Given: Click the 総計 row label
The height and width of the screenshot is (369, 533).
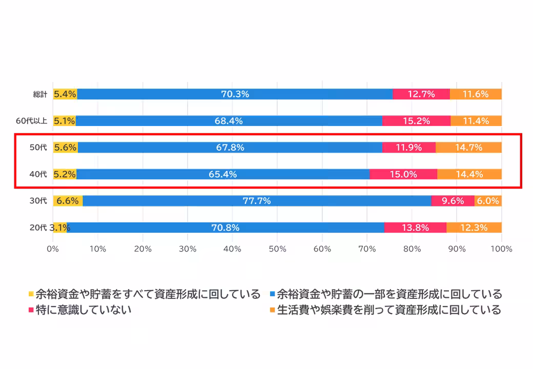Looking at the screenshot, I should (x=39, y=94).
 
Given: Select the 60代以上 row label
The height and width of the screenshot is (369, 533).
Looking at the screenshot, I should (x=32, y=121).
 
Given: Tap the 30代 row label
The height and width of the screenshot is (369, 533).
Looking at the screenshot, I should (x=38, y=201).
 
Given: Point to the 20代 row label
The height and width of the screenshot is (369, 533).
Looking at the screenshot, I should (x=38, y=228).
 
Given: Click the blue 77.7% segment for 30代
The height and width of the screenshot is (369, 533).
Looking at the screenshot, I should (x=257, y=201).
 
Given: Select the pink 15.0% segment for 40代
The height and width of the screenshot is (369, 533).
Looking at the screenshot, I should (x=403, y=174).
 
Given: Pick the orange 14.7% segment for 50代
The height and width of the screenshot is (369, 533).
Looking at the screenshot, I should (x=468, y=148).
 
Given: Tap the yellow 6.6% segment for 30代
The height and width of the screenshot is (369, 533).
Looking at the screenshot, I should (x=68, y=201).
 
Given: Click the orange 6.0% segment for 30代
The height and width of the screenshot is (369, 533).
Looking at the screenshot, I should (x=488, y=201).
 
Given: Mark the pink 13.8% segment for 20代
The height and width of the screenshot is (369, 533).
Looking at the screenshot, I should (x=415, y=228).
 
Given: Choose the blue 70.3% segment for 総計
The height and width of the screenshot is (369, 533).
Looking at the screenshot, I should (x=235, y=94).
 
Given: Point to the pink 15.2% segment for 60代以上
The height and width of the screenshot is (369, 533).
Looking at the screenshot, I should (x=416, y=121).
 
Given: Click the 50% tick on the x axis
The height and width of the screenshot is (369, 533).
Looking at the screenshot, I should (x=277, y=249).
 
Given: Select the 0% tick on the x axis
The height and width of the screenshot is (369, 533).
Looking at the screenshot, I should (x=53, y=249).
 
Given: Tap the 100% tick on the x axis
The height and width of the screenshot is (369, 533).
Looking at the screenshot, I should (x=501, y=249).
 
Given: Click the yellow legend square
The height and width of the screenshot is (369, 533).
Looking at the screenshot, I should (x=31, y=294).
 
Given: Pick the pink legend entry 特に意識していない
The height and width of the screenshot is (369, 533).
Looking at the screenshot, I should (x=83, y=310).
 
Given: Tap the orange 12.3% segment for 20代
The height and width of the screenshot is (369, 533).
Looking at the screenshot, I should (x=474, y=228).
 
